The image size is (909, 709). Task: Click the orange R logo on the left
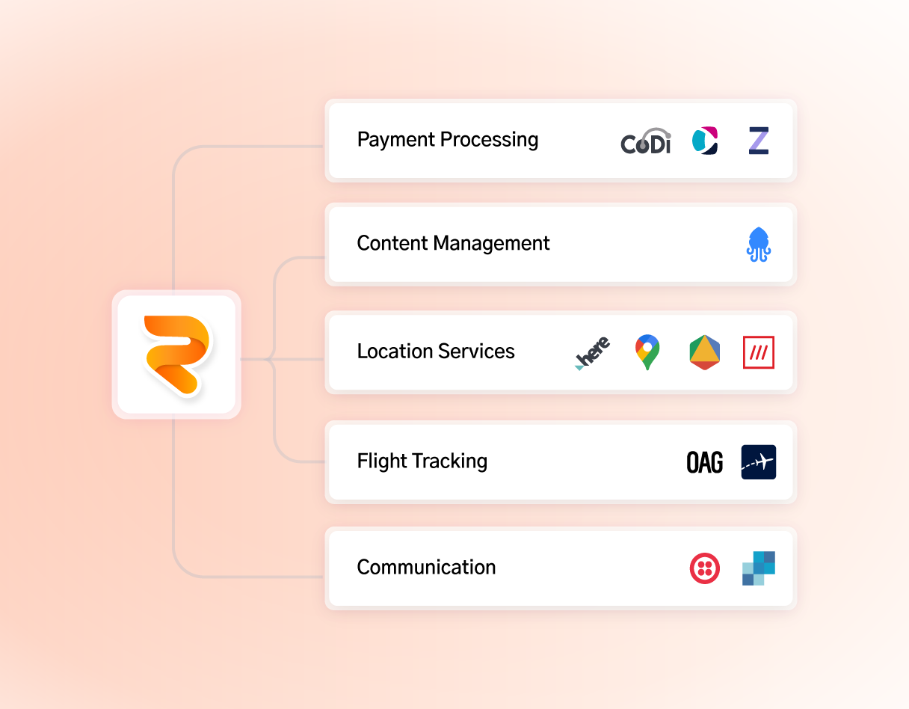click(x=176, y=354)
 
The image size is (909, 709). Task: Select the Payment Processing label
click(x=447, y=140)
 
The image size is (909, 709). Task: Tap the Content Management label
click(x=453, y=243)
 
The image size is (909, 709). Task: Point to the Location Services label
click(x=436, y=352)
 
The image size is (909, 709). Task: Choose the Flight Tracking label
click(x=422, y=461)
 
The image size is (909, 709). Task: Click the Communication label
click(x=426, y=567)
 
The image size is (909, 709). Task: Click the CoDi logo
click(x=646, y=141)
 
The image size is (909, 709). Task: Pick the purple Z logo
click(x=759, y=141)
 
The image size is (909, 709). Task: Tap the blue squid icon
click(x=759, y=245)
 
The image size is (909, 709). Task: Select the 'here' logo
click(x=593, y=353)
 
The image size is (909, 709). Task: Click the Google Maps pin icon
click(x=647, y=352)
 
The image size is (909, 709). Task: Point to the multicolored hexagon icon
click(x=704, y=353)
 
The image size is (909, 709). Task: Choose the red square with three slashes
click(x=759, y=352)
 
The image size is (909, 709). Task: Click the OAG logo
click(x=704, y=462)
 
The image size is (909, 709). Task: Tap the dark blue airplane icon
click(x=759, y=462)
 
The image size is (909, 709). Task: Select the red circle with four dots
click(x=704, y=568)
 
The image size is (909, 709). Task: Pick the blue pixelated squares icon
click(x=759, y=568)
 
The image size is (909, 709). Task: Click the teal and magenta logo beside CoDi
click(x=704, y=141)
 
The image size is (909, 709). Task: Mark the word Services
click(x=478, y=352)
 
